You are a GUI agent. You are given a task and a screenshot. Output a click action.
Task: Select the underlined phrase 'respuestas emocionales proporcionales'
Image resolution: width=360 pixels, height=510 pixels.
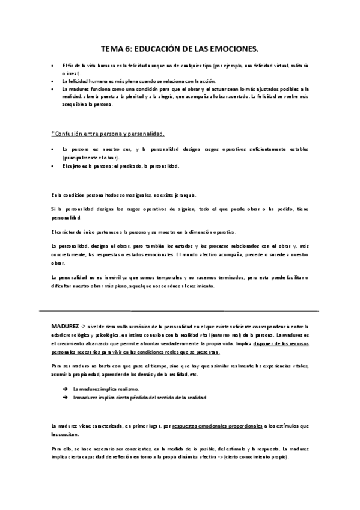[218, 426]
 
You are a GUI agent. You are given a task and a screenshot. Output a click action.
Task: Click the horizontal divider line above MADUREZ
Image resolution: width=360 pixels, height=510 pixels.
[180, 310]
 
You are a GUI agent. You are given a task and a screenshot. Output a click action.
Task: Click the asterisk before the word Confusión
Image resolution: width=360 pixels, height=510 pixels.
[52, 132]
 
